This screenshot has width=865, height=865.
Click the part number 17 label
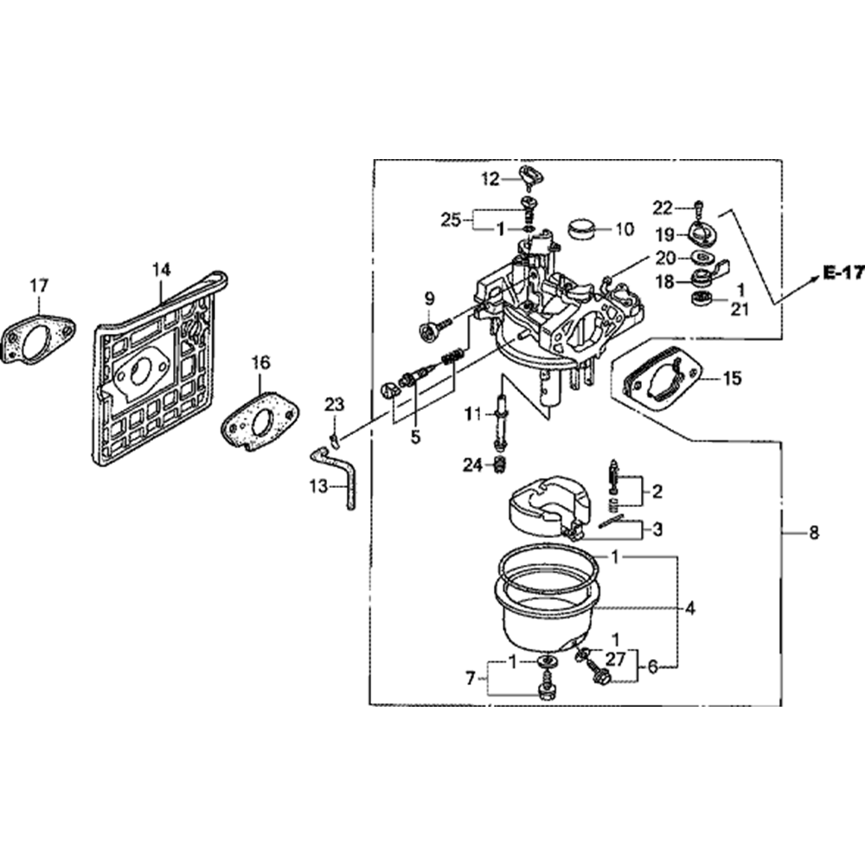pos(39,285)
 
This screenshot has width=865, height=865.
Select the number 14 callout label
pos(161,270)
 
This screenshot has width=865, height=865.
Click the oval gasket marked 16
pos(257,422)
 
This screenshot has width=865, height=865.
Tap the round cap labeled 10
pos(584,229)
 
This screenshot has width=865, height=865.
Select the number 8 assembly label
pos(813,534)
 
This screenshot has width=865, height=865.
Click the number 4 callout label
pos(689,609)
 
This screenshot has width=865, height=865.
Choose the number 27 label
pos(615,659)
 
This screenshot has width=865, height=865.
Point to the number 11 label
pos(471,414)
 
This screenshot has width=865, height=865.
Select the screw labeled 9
pos(430,330)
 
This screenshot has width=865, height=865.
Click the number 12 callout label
pos(490,179)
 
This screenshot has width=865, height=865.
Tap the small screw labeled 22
pos(699,207)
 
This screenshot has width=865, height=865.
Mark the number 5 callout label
pos(415,437)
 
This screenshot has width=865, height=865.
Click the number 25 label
pos(451,219)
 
